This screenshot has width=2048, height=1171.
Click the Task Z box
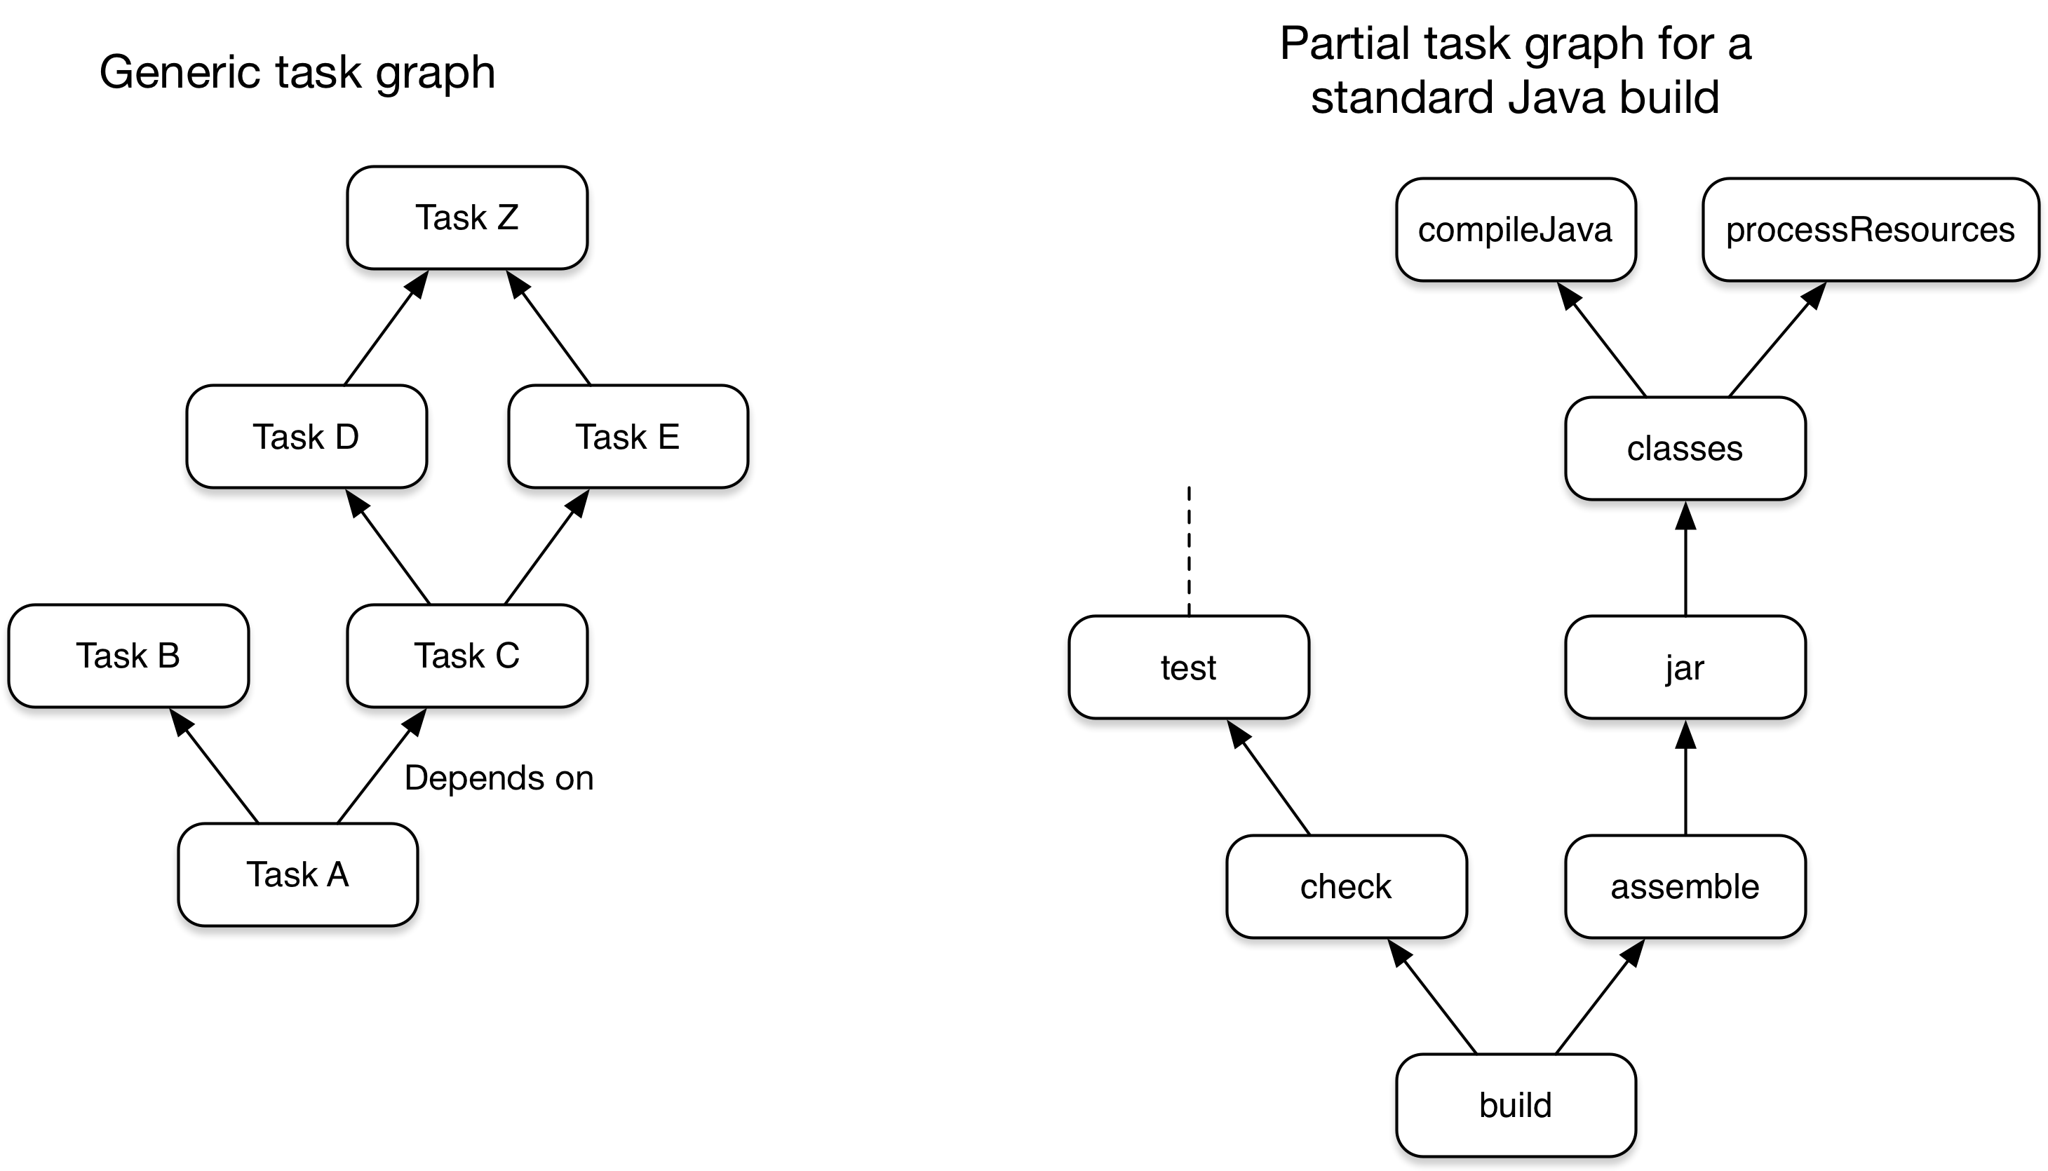tap(466, 218)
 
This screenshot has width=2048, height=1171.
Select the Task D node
tap(306, 437)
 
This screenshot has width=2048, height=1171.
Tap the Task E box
tap(628, 437)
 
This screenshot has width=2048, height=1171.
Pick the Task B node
tap(128, 656)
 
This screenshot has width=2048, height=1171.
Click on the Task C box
tap(466, 656)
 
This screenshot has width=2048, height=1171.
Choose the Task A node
tap(297, 874)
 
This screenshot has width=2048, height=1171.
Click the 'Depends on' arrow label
tap(499, 778)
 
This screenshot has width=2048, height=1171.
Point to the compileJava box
tap(1515, 230)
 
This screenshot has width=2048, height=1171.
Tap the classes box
tap(1685, 449)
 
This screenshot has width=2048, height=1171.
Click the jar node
tap(1685, 668)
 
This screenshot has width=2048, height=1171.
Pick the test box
tap(1188, 668)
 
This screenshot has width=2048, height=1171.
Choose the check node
tap(1346, 886)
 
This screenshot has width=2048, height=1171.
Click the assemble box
tap(1685, 886)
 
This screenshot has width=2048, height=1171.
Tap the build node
tap(1515, 1105)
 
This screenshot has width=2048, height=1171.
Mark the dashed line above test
tap(1189, 551)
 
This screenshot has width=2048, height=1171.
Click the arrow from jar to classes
tap(1685, 563)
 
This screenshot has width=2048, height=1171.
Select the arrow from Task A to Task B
tap(215, 768)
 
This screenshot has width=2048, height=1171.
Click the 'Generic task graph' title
tap(297, 72)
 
